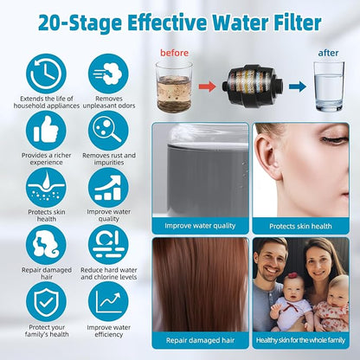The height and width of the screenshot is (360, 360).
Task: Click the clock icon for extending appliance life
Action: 46,74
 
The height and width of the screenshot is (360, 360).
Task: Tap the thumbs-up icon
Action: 46,131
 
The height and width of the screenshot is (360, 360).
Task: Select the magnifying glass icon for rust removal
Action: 108,131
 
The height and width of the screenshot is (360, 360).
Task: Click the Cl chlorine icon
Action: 108,245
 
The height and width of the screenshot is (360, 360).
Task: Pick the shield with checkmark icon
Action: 46,302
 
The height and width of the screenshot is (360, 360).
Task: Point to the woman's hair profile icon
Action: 46,245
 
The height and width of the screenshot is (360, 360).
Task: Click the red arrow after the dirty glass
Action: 207,87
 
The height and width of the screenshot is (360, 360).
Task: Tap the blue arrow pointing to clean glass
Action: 298,87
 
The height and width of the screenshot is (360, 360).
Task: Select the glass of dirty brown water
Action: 174,87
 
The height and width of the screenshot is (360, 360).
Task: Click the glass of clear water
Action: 329,87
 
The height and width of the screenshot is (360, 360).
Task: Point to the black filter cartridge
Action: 253,87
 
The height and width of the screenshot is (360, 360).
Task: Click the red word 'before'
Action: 174,53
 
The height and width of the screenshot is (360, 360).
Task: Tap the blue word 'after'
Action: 328,53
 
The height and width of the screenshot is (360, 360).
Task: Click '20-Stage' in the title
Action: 80,23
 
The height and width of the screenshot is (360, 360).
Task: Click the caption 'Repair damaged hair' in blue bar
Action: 200,340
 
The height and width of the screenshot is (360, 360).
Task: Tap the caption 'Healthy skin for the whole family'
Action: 300,340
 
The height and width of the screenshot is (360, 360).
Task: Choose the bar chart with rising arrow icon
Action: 108,188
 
